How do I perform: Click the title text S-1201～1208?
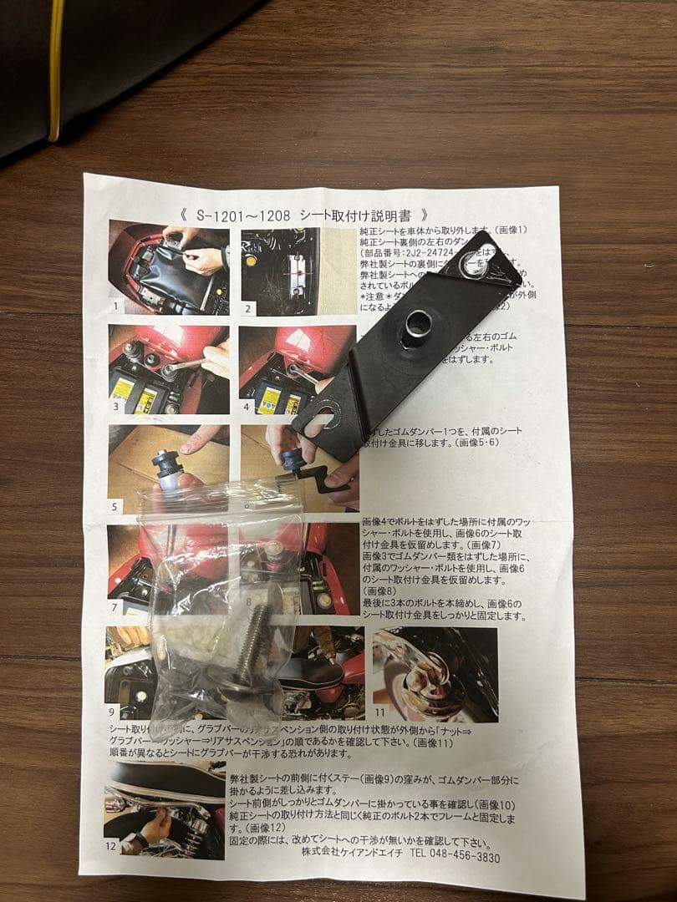(243, 215)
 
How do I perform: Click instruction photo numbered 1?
(169, 266)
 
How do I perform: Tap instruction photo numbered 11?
(435, 674)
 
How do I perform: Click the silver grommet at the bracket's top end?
(472, 266)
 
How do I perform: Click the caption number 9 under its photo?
(113, 712)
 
